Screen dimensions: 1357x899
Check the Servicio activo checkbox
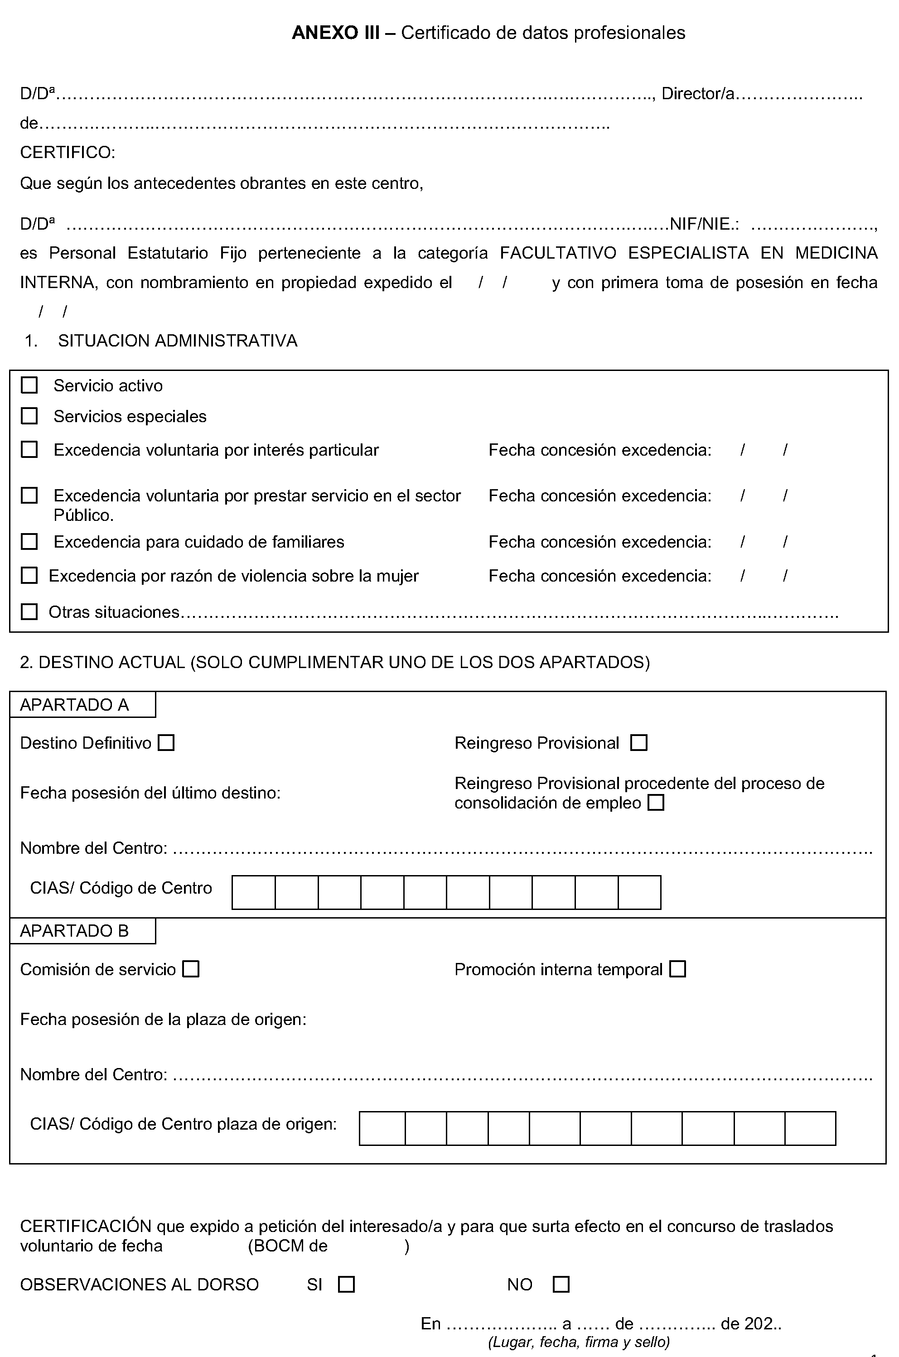[29, 385]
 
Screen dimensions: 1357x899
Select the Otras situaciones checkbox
[29, 611]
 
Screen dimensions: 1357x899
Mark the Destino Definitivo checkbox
[166, 743]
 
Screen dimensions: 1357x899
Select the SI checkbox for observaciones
[346, 1284]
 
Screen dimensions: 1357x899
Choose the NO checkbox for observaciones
[561, 1284]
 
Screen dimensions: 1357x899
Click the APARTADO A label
[74, 705]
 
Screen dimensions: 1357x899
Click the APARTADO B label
[74, 931]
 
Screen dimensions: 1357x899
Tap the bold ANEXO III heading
[335, 33]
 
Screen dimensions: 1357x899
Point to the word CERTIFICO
[68, 153]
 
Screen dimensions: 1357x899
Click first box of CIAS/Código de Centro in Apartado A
[253, 892]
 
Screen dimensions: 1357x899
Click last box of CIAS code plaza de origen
[810, 1128]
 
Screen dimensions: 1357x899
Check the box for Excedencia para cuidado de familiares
[29, 542]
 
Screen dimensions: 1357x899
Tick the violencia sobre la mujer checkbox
[29, 575]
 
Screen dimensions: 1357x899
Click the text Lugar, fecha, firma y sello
[579, 1342]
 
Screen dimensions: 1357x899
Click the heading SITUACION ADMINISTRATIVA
[178, 341]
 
